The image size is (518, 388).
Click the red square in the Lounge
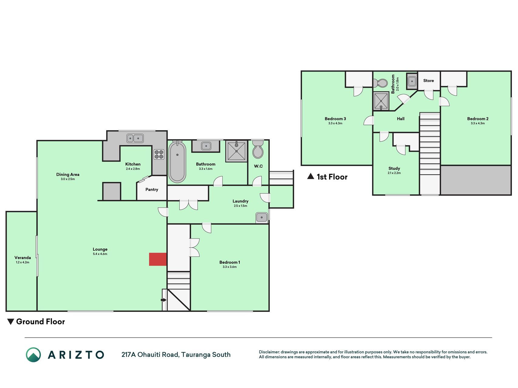pyautogui.click(x=158, y=259)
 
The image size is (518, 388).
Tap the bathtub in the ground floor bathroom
pyautogui.click(x=177, y=162)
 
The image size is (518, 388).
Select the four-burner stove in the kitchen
pyautogui.click(x=159, y=155)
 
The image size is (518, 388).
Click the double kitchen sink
pyautogui.click(x=135, y=139)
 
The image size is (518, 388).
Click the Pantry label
pyautogui.click(x=152, y=189)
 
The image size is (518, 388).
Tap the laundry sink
pyautogui.click(x=262, y=217)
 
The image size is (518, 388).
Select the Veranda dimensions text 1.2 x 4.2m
pyautogui.click(x=22, y=262)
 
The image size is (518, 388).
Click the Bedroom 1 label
pyautogui.click(x=230, y=262)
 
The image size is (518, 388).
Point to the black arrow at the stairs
pyautogui.click(x=164, y=300)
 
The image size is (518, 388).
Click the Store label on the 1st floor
pyautogui.click(x=428, y=81)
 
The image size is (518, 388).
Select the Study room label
pyautogui.click(x=394, y=168)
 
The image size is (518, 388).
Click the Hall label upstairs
pyautogui.click(x=401, y=119)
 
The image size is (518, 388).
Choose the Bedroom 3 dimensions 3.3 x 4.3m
pyautogui.click(x=335, y=123)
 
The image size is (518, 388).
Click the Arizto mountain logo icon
pyautogui.click(x=33, y=355)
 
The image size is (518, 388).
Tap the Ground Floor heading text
pyautogui.click(x=40, y=322)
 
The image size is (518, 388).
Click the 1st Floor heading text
pyautogui.click(x=332, y=177)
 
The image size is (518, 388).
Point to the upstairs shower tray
pyautogui.click(x=381, y=101)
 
